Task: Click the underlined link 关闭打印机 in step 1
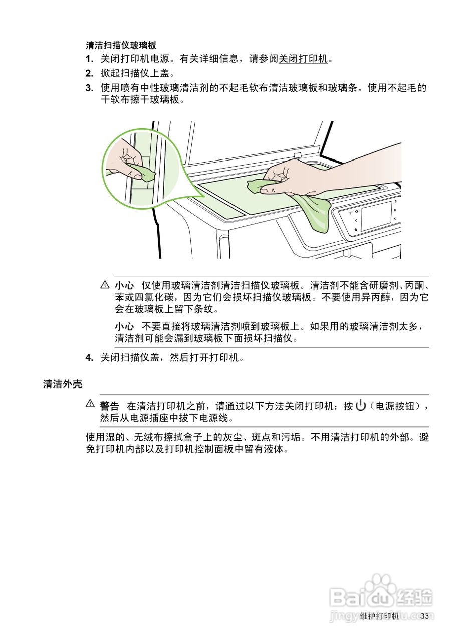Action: coord(303,59)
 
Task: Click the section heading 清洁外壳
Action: coord(63,384)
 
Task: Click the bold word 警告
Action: coord(109,406)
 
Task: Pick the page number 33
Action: coord(425,616)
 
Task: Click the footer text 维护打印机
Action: coord(380,616)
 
